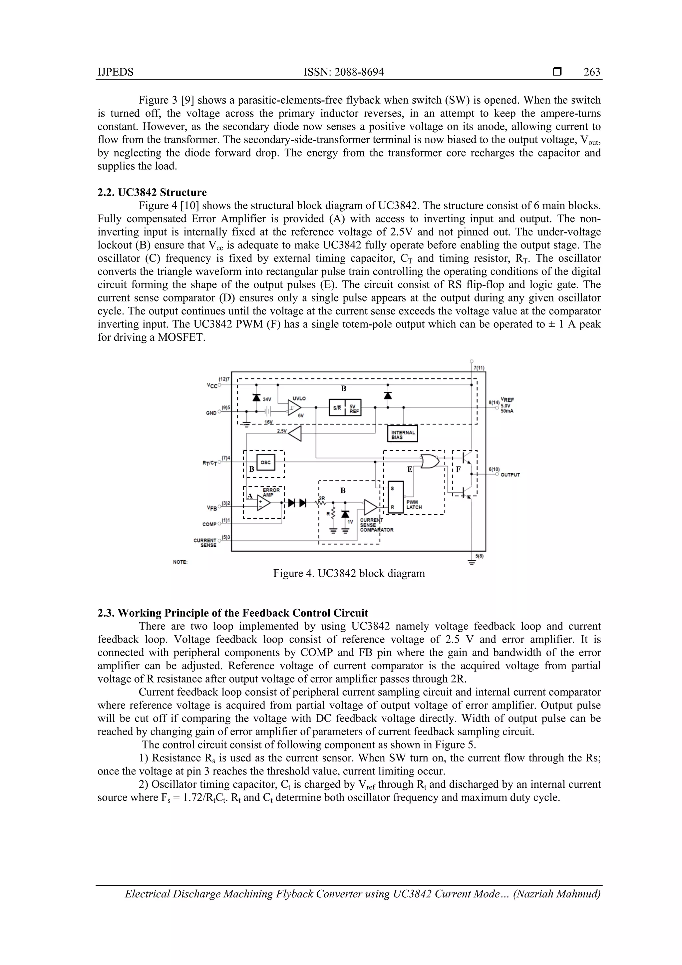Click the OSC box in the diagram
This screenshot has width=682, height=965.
[265, 462]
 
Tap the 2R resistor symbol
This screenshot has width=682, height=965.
[322, 502]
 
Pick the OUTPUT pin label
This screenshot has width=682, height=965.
[510, 475]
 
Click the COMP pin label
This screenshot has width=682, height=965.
[209, 524]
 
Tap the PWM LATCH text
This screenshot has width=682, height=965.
[414, 504]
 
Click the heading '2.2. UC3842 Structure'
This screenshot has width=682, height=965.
[152, 193]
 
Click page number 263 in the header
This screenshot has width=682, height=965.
[592, 72]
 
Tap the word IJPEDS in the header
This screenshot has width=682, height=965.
[116, 72]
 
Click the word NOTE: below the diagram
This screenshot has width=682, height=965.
[180, 562]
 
